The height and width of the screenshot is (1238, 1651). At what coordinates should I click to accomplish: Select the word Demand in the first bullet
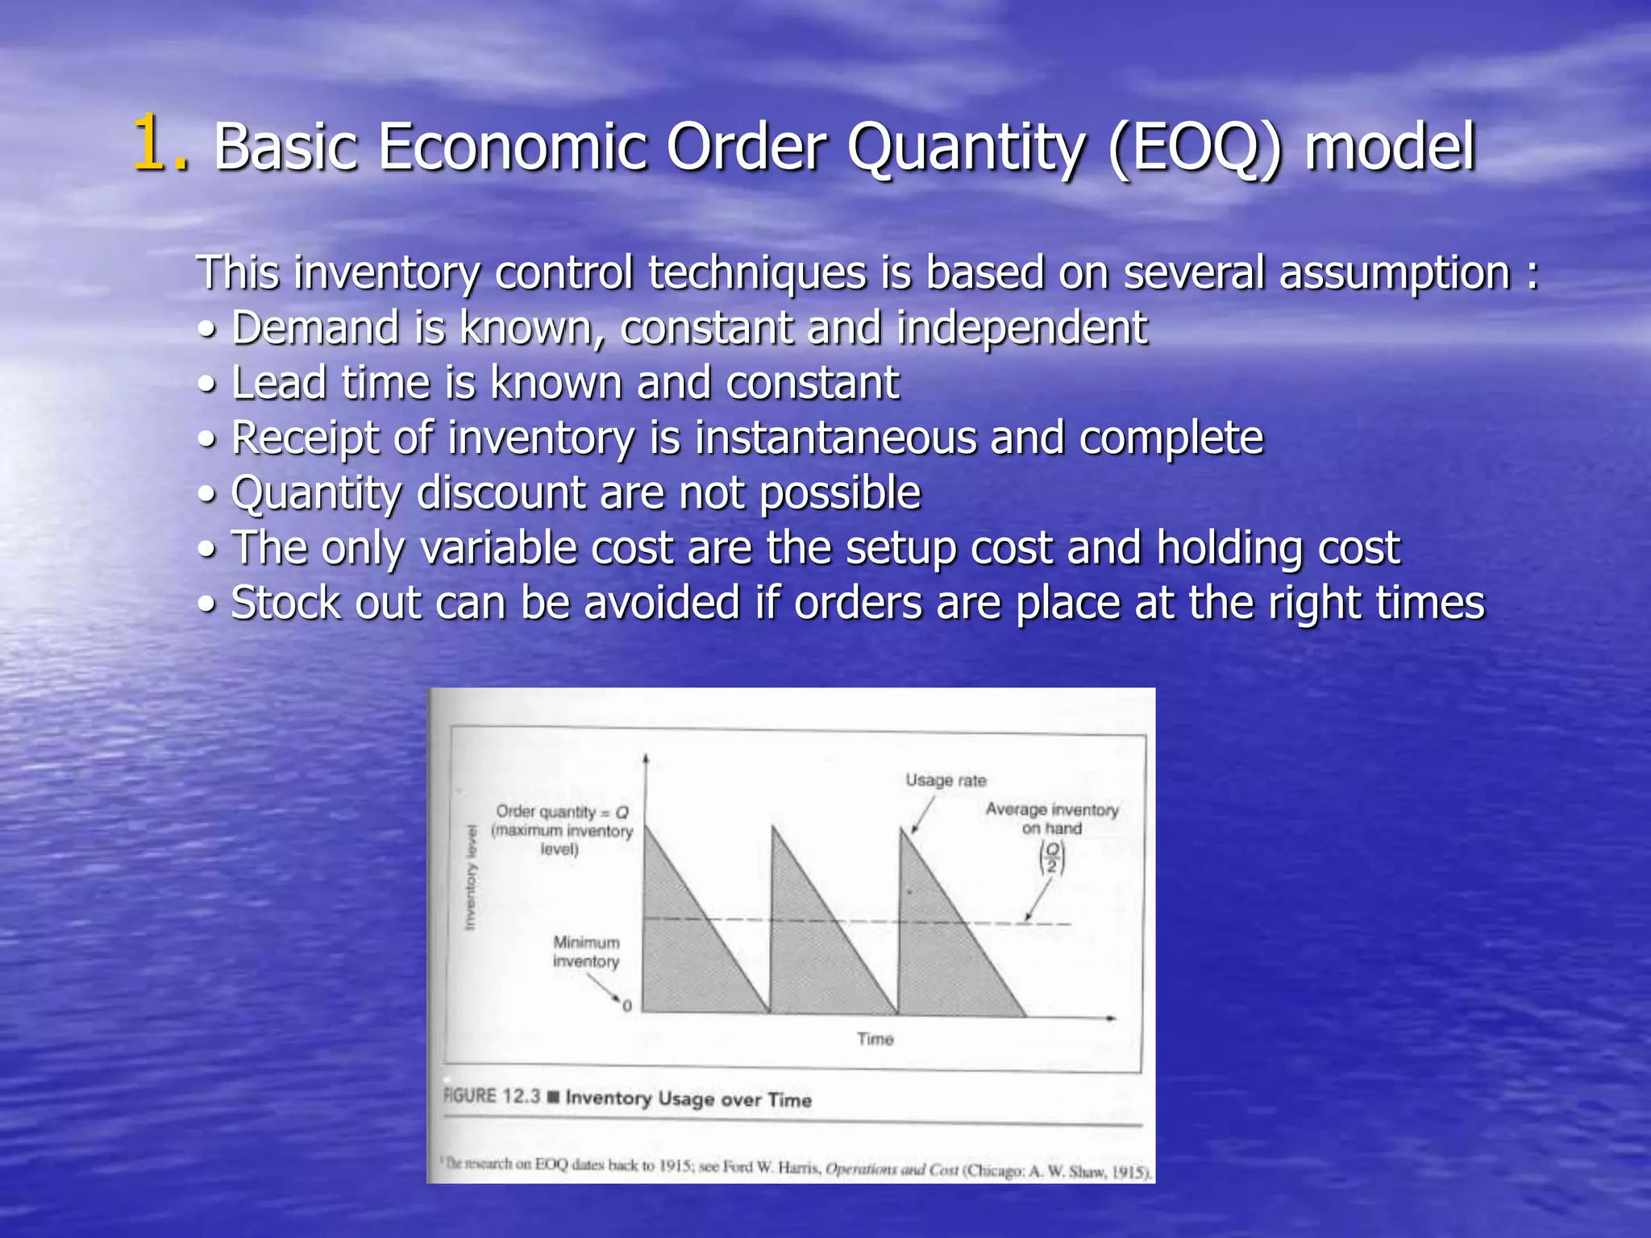315,328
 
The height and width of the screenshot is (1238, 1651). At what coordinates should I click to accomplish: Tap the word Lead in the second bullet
278,383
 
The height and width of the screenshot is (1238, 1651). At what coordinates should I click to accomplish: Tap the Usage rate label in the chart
945,780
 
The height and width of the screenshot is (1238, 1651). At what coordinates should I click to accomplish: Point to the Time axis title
875,1040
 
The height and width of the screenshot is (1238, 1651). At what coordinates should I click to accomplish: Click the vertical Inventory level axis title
471,878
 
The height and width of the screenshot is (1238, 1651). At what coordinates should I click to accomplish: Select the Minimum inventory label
586,952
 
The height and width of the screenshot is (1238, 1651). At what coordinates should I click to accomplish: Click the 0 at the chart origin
627,1007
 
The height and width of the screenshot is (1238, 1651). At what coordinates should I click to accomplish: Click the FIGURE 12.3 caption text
627,1098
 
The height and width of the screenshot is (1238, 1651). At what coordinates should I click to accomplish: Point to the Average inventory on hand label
1051,818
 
